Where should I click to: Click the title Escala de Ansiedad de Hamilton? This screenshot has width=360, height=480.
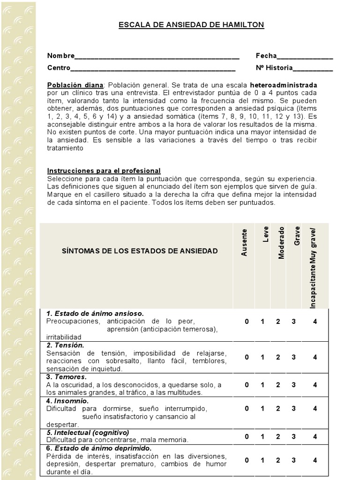click(191, 25)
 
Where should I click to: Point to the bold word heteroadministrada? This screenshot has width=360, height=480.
click(284, 85)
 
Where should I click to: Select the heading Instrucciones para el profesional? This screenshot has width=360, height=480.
click(104, 171)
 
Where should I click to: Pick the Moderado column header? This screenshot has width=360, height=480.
click(281, 242)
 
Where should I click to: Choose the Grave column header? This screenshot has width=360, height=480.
click(297, 236)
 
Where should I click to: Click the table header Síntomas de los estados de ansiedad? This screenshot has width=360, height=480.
click(140, 251)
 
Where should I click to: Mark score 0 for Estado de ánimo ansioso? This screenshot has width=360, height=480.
click(247, 322)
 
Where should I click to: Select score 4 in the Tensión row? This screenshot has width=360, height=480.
click(315, 357)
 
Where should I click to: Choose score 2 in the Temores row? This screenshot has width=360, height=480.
click(278, 385)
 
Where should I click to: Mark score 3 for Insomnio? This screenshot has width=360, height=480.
click(293, 408)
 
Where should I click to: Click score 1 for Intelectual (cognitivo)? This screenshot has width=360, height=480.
click(262, 436)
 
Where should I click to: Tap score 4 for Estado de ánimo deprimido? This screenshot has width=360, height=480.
click(315, 460)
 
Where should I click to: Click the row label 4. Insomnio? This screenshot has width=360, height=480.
click(67, 401)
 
